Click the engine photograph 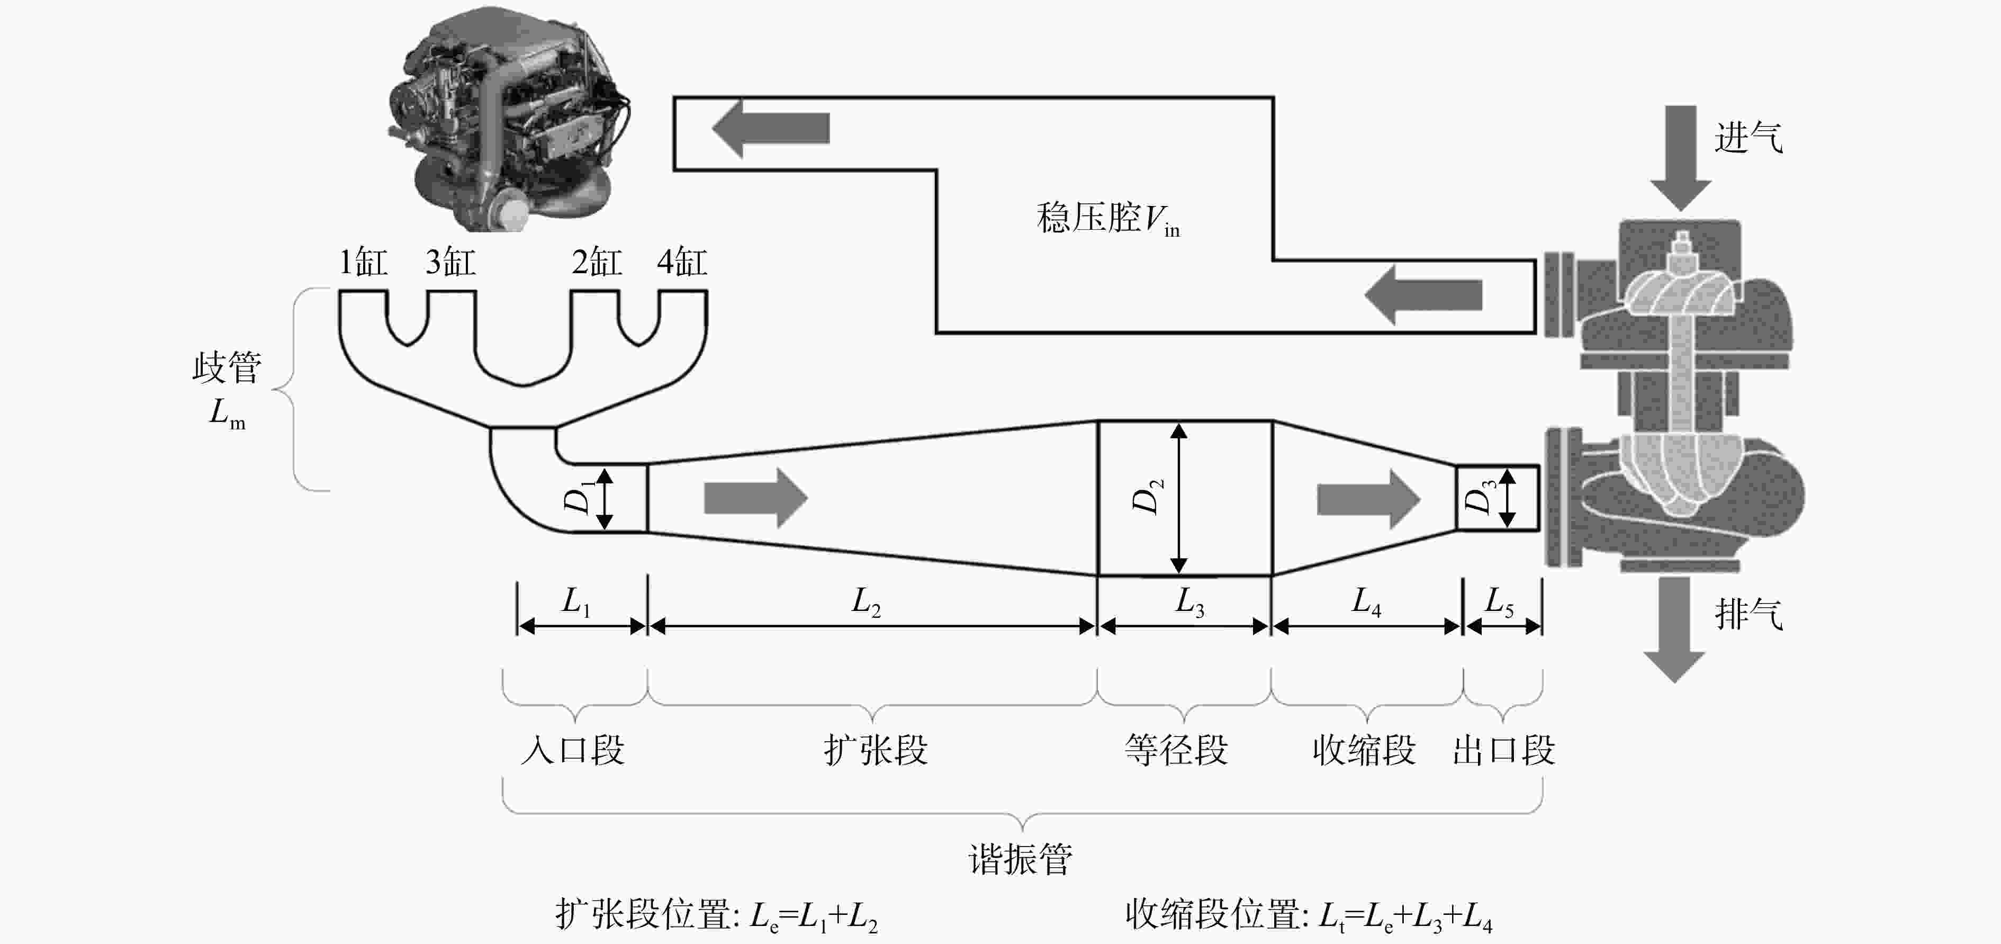pos(509,118)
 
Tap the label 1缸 pos(363,262)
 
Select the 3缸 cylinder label pos(450,262)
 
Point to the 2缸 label pos(597,262)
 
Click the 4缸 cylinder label pos(682,262)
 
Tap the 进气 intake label pos(1748,138)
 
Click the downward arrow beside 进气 pos(1681,158)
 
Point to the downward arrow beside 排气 pos(1675,630)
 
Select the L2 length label pos(866,601)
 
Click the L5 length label pos(1499,601)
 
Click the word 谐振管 pos(1021,859)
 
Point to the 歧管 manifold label pos(227,367)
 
